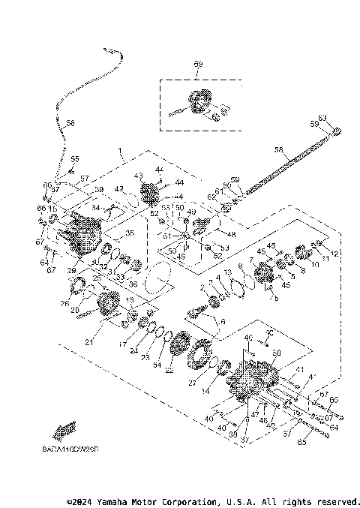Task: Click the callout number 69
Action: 198,65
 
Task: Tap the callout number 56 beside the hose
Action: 70,124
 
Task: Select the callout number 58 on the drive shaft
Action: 278,150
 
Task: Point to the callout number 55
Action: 75,159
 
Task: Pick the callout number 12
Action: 334,254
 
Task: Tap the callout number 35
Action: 130,233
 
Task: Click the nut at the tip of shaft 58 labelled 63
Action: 337,134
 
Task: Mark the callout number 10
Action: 315,264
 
